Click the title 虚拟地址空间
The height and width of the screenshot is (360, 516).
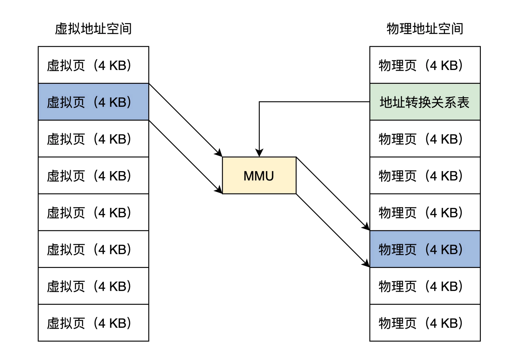click(93, 29)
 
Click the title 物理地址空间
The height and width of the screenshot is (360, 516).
click(425, 29)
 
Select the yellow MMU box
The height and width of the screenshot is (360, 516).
click(259, 176)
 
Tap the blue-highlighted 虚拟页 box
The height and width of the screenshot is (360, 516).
click(93, 102)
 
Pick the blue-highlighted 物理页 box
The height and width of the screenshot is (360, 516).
click(425, 249)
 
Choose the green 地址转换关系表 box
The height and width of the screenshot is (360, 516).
click(425, 102)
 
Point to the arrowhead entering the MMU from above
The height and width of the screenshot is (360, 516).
click(259, 153)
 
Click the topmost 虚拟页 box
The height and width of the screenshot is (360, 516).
click(93, 65)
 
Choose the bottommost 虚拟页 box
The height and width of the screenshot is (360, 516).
click(93, 323)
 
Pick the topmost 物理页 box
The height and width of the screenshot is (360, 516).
click(425, 65)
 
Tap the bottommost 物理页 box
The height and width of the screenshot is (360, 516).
click(425, 323)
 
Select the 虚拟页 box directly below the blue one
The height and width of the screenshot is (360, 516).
click(93, 139)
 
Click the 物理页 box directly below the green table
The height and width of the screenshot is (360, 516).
click(425, 139)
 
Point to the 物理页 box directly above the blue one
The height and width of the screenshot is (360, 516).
click(425, 212)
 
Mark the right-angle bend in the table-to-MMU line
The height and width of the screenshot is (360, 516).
click(259, 102)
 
